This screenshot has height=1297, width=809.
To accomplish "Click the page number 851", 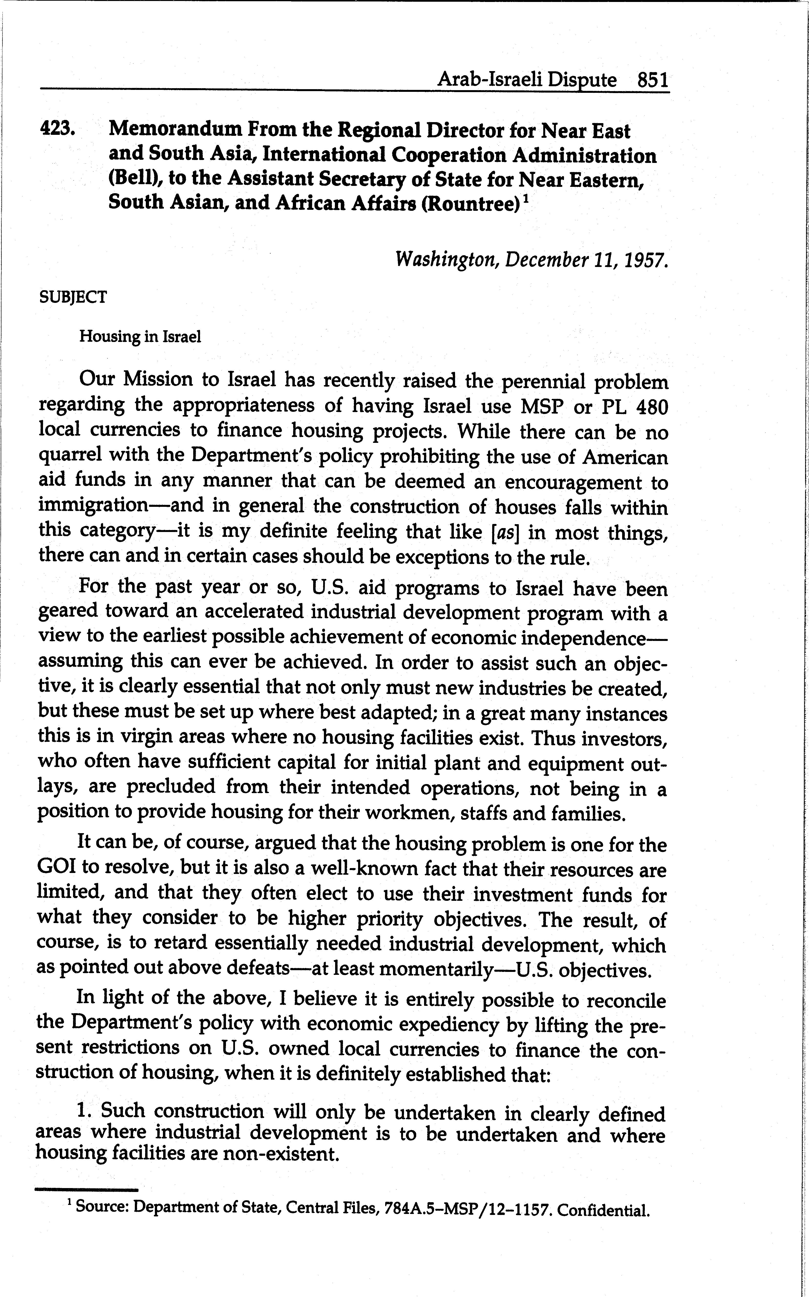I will (x=652, y=81).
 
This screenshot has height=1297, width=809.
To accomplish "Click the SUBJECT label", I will (x=73, y=297).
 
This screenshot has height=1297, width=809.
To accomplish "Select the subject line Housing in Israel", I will (x=140, y=337).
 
